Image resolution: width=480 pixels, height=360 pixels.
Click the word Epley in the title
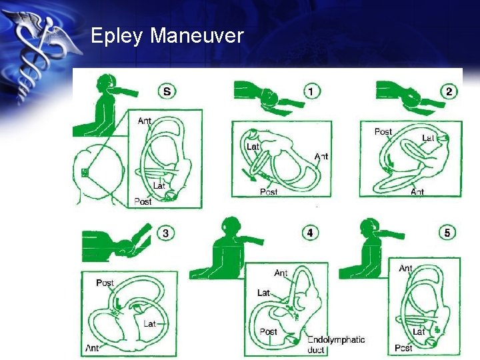(117, 36)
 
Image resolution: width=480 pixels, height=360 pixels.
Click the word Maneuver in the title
(197, 35)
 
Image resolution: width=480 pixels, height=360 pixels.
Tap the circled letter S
(167, 91)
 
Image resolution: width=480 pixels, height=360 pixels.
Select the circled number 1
(311, 91)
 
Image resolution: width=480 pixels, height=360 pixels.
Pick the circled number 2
(449, 91)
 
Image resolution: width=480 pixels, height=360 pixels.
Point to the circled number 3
(165, 233)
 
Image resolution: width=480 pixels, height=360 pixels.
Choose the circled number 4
(310, 233)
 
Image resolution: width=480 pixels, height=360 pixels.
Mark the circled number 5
(447, 233)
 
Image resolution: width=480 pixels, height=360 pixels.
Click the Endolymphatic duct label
(336, 345)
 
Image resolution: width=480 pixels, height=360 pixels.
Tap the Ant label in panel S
(145, 121)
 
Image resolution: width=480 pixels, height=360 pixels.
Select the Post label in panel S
(143, 201)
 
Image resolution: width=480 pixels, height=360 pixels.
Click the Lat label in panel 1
(253, 147)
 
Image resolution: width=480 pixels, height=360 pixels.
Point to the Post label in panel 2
(383, 131)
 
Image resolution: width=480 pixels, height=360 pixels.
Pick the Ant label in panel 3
(92, 348)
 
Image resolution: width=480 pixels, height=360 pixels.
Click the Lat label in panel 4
(263, 293)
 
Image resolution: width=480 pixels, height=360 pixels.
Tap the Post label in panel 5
(403, 348)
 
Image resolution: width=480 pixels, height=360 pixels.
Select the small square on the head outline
(85, 173)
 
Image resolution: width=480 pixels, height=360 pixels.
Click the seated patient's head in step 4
(232, 226)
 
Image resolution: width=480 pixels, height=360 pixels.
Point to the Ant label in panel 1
(321, 157)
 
